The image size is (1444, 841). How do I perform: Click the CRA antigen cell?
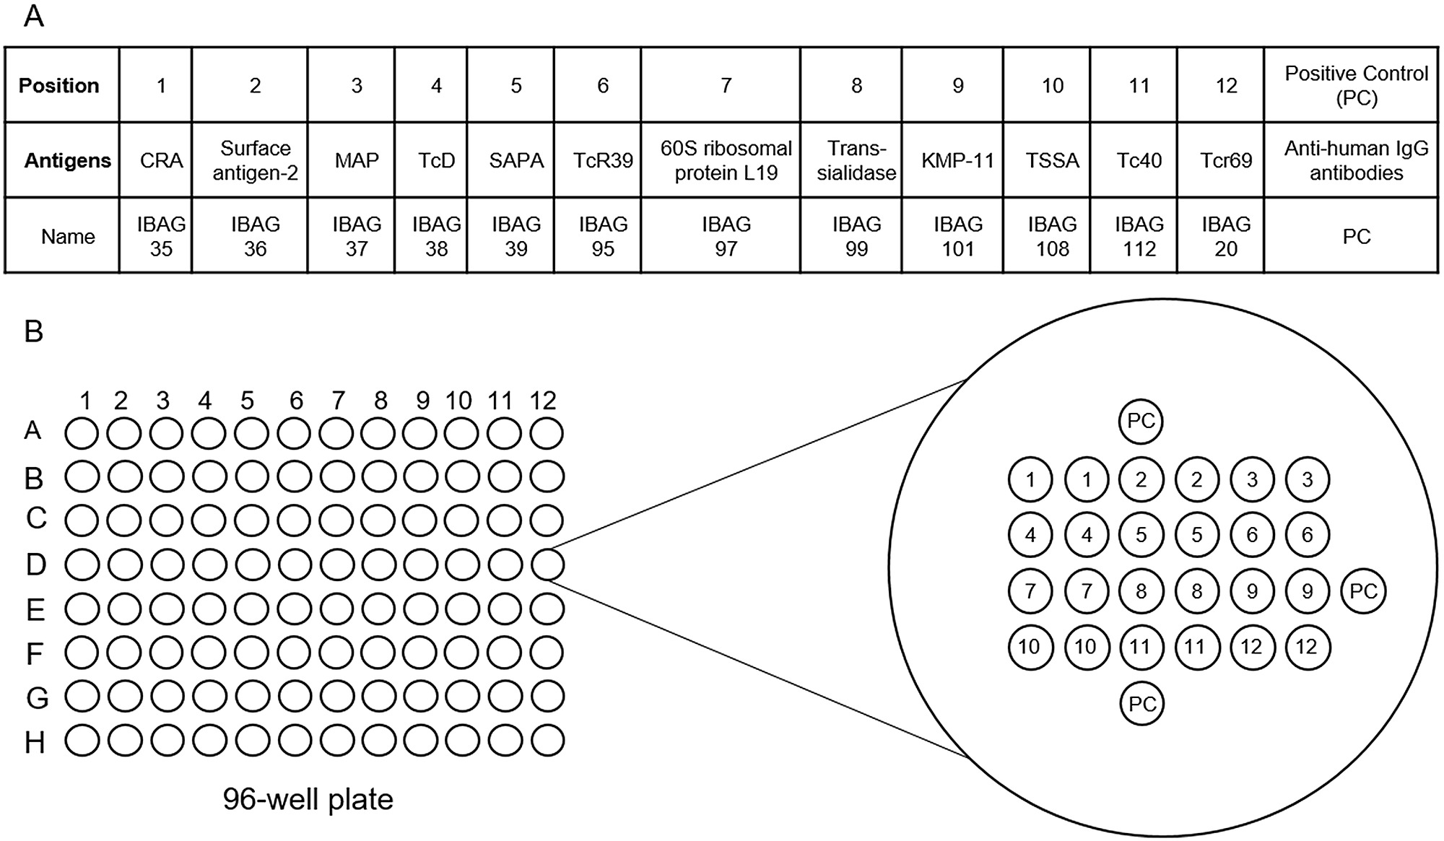tap(161, 160)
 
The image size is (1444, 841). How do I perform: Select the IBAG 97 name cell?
tap(726, 236)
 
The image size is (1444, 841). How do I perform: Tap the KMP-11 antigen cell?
tap(957, 160)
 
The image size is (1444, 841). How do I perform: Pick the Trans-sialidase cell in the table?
tap(856, 160)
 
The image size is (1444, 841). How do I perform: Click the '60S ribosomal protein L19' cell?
tap(726, 160)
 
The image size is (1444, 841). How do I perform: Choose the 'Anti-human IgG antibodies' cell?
tap(1356, 160)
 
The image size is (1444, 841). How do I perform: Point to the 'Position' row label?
tap(59, 85)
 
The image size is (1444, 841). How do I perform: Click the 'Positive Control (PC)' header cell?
tap(1356, 85)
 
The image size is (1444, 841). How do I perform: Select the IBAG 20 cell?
tap(1225, 236)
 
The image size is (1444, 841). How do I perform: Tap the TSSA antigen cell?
tap(1052, 160)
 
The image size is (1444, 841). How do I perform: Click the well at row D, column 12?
tap(547, 565)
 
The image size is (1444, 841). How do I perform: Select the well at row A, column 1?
tap(82, 434)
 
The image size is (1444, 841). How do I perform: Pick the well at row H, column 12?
tap(547, 741)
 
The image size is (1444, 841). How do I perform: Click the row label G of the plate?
tap(37, 698)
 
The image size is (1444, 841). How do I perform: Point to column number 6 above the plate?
tap(296, 401)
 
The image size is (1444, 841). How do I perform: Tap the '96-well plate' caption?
tap(308, 800)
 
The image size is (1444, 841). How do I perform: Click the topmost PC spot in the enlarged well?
tap(1141, 422)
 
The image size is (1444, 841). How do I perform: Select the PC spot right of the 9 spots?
tap(1363, 592)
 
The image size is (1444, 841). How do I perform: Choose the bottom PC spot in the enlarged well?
tap(1141, 704)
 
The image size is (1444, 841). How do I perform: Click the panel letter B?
tap(33, 331)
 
